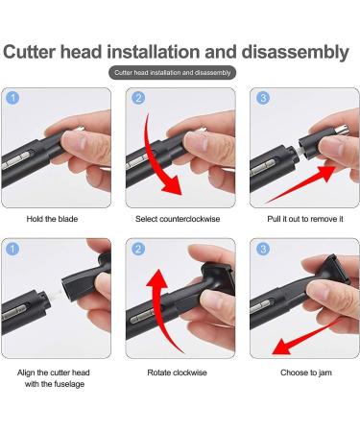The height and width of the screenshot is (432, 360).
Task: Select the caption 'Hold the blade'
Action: (x=54, y=218)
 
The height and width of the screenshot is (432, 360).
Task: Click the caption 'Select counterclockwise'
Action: (x=180, y=218)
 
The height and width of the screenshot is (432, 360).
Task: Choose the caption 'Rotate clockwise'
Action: (x=180, y=372)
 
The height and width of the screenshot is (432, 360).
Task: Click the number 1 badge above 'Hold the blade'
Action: (x=12, y=98)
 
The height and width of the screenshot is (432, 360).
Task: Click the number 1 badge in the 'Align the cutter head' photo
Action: (x=12, y=250)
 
